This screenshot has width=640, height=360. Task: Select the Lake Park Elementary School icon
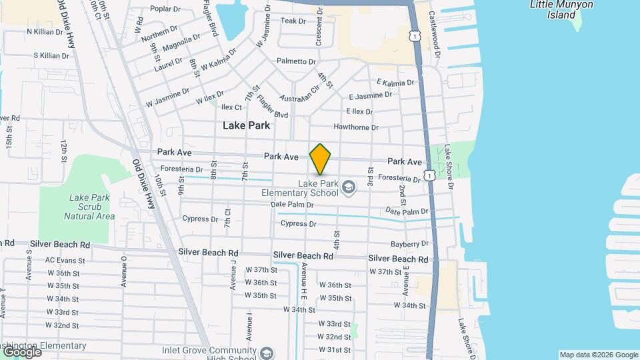point(347,189)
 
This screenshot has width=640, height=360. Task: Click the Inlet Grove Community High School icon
point(267,353)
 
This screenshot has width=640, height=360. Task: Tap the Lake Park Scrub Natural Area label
point(89,207)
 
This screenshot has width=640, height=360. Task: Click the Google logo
point(21,351)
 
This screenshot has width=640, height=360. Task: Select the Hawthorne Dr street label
point(356,127)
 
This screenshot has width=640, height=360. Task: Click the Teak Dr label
point(293,21)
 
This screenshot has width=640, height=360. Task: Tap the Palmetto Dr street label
point(296,61)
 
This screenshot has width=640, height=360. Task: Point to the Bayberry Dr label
point(410,244)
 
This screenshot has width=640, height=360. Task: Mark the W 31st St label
point(334,350)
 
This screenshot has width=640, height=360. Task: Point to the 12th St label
point(64,151)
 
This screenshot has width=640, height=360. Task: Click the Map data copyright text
point(599,355)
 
